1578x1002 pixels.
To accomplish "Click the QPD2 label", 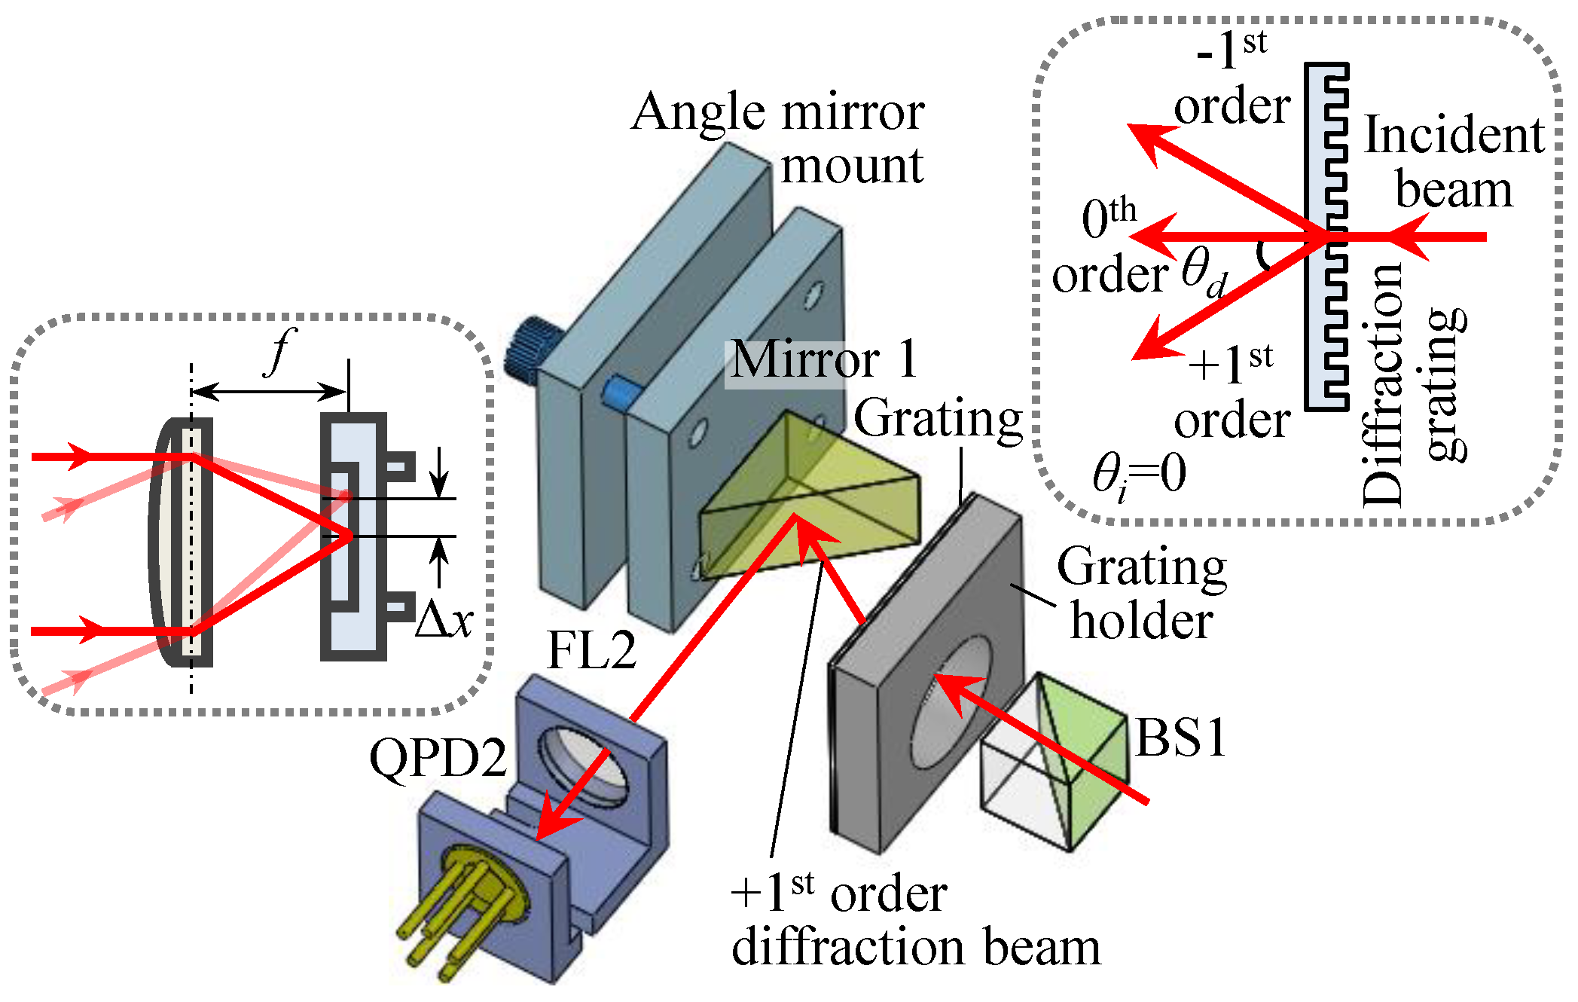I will (x=438, y=758).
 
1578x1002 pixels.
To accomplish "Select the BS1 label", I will (x=1180, y=738).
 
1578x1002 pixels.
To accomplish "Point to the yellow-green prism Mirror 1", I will (x=810, y=497).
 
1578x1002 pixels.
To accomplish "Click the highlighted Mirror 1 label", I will (x=823, y=360).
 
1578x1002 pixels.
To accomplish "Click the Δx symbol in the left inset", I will (x=444, y=621).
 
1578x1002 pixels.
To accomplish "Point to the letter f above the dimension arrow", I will (x=280, y=352).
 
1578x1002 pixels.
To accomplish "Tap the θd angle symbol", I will (x=1204, y=273).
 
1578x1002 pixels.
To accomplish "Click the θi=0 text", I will (x=1139, y=475).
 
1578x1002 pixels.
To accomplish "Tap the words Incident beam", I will (x=1454, y=162).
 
